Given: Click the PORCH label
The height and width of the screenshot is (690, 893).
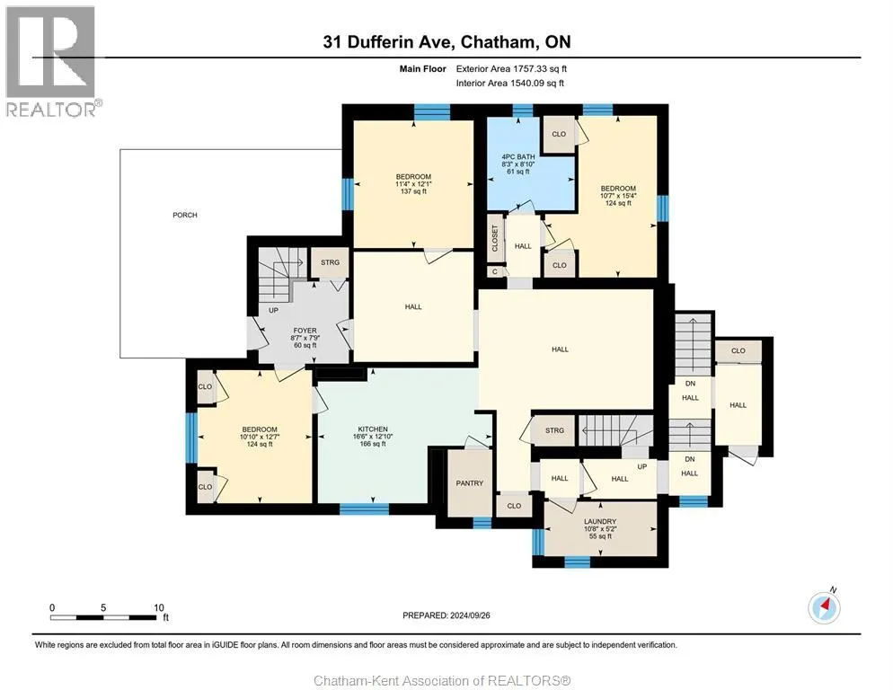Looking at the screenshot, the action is [185, 216].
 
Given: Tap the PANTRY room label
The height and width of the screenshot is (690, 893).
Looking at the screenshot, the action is [470, 483].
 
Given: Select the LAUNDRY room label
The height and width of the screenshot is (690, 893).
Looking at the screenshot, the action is [600, 521].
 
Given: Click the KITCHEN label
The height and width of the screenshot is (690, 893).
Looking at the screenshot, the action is [373, 429].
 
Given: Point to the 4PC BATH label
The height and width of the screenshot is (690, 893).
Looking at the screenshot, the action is [518, 156].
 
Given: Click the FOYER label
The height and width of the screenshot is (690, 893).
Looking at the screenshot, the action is [305, 331].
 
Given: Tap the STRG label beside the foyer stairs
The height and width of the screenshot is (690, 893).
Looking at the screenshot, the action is [331, 262].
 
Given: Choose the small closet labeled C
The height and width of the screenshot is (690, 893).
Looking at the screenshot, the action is [495, 272].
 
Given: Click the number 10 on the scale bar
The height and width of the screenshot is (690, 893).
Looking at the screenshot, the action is [159, 607].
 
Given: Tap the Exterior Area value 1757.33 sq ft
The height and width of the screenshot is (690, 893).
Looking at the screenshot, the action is [540, 69].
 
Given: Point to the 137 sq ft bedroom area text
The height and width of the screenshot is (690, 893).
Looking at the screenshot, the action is [413, 191].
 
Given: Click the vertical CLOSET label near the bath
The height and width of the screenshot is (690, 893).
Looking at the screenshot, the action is [495, 238].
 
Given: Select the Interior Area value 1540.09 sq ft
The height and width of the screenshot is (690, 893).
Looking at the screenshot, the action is [538, 84].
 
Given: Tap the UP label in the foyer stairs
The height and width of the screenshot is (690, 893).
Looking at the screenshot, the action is [273, 311].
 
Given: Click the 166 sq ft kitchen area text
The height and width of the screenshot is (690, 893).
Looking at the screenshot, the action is [373, 444].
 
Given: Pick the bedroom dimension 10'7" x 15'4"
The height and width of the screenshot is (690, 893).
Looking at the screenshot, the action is [618, 196].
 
